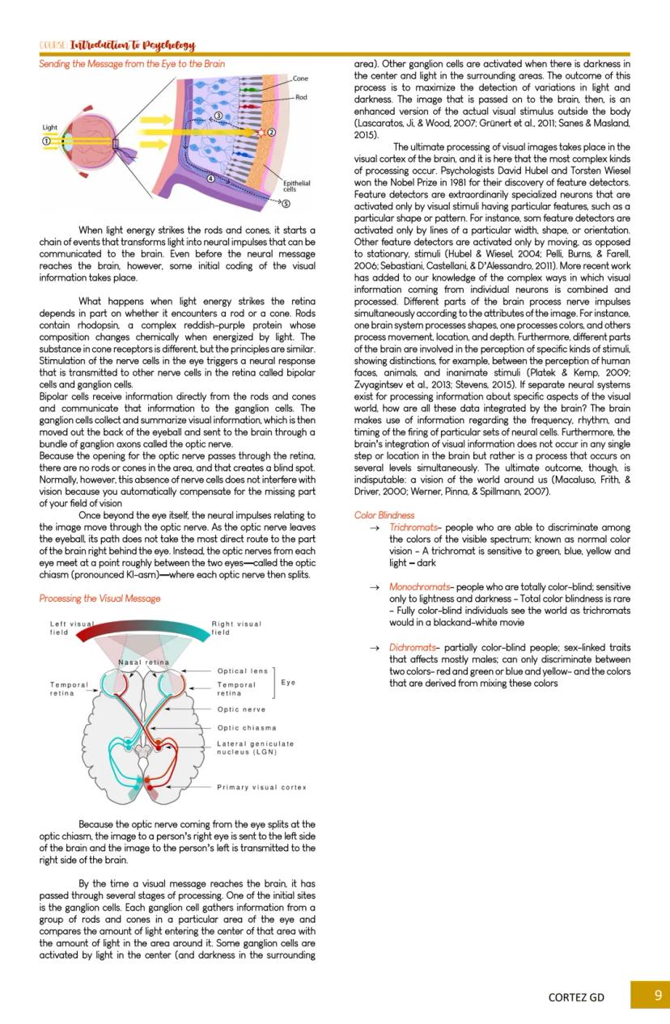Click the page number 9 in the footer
click(x=657, y=995)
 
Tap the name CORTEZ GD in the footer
click(x=576, y=996)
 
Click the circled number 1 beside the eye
click(x=47, y=141)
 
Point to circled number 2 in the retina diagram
click(x=272, y=132)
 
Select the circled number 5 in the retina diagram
click(x=286, y=203)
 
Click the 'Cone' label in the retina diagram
click(x=300, y=78)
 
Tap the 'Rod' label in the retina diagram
click(x=300, y=97)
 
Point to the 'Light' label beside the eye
click(x=50, y=128)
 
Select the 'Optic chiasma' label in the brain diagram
click(x=246, y=727)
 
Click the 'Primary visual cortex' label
click(x=261, y=787)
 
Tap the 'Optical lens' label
click(x=242, y=671)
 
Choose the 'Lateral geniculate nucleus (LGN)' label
click(x=255, y=747)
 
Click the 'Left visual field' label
click(x=71, y=628)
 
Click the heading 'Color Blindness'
click(x=384, y=514)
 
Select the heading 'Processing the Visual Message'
click(x=100, y=599)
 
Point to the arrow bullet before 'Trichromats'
click(x=375, y=527)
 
